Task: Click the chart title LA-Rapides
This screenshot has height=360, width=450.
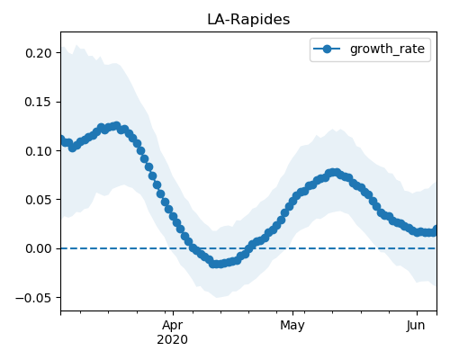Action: click(x=248, y=20)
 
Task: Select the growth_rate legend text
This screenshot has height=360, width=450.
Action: click(x=387, y=49)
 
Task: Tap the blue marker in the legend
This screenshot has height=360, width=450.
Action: click(x=327, y=49)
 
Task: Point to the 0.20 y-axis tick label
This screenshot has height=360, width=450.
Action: click(x=39, y=53)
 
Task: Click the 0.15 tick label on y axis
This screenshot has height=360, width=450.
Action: click(x=39, y=102)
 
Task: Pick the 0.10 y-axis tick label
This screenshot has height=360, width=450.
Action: click(x=39, y=151)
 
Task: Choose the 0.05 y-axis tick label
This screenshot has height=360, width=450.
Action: click(x=39, y=200)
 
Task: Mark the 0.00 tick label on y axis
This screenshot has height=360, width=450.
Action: click(x=39, y=248)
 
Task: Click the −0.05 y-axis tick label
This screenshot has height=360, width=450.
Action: click(x=34, y=298)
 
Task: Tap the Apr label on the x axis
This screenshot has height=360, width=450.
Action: click(x=173, y=326)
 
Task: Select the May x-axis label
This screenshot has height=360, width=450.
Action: click(x=292, y=326)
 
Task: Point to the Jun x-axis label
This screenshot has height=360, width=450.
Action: click(x=416, y=325)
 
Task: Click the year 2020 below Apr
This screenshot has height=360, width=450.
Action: click(x=173, y=339)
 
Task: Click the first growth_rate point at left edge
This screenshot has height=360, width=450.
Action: click(x=62, y=139)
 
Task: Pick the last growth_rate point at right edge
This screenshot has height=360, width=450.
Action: click(x=436, y=229)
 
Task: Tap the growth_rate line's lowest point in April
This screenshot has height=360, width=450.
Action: click(x=214, y=264)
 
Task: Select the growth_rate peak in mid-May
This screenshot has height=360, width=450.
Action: click(x=336, y=173)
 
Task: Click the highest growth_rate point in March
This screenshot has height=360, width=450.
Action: click(x=116, y=125)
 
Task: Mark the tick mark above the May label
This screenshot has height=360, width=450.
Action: click(x=293, y=313)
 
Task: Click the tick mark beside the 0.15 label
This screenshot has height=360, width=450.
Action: click(x=58, y=102)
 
